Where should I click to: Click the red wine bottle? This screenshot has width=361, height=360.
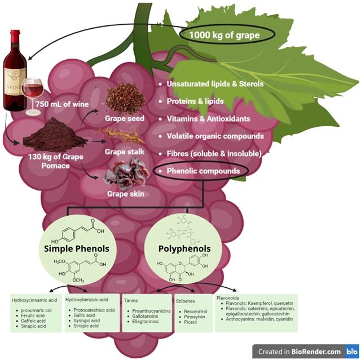point(15,72)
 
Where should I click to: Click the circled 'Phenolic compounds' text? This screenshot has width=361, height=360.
point(203,171)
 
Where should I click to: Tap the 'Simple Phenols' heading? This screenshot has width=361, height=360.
point(77,249)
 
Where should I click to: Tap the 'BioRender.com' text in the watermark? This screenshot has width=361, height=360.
point(315,351)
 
